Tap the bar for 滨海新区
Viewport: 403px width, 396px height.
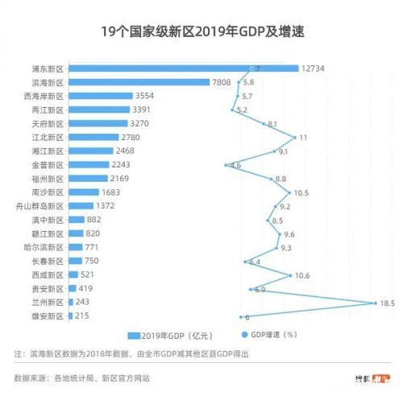(138, 82)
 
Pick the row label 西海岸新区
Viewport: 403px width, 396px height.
(45, 96)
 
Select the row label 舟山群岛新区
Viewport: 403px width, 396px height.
(41, 205)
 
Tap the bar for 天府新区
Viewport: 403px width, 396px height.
(98, 123)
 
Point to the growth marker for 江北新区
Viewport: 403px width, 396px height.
(295, 137)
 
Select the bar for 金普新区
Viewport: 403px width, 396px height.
(88, 164)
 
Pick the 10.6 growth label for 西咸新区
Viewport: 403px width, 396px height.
(302, 275)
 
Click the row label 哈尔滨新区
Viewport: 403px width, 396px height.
(45, 247)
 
